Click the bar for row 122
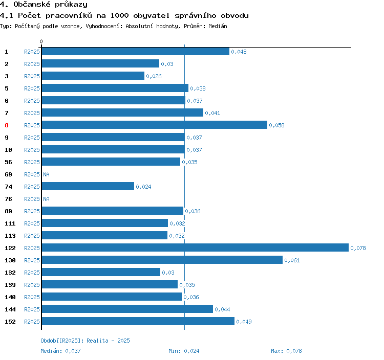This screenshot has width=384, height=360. [x=195, y=248]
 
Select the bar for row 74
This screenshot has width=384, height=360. [x=88, y=187]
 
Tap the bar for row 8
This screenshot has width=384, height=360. [x=154, y=125]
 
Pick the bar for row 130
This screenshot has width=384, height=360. [x=162, y=260]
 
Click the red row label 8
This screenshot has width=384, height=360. [x=7, y=125]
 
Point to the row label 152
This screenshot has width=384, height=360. [x=10, y=322]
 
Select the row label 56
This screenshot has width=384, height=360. [x=8, y=162]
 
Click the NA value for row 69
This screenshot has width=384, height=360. [x=46, y=174]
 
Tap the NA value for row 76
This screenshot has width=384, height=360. [x=46, y=199]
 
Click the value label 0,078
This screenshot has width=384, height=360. [x=358, y=248]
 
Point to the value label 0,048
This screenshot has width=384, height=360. [x=239, y=52]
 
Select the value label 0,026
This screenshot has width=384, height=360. [x=154, y=76]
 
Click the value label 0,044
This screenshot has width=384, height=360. [x=222, y=309]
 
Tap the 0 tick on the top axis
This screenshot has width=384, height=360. [x=41, y=41]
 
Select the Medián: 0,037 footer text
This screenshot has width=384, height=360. [x=60, y=351]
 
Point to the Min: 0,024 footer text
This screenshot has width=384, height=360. [x=184, y=351]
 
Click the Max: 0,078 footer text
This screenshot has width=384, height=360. [x=286, y=351]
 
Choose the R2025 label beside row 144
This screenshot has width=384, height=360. [x=32, y=309]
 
